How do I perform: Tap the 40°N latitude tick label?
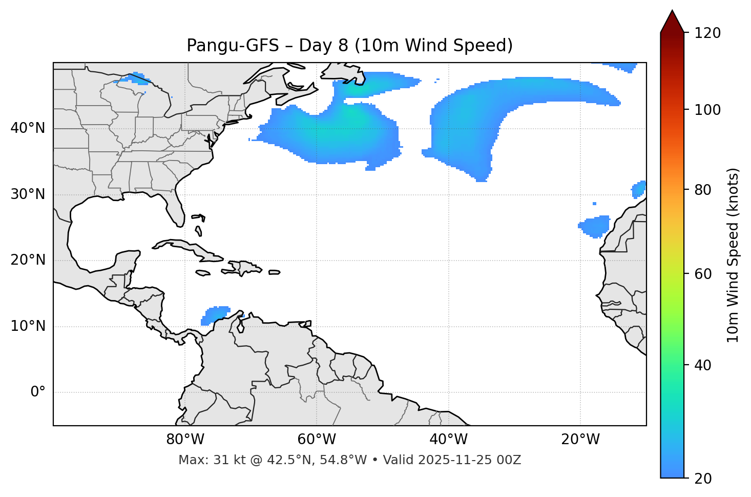point(28,128)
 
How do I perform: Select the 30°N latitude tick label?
point(28,194)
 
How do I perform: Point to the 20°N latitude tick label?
point(28,260)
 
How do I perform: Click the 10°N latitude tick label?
point(28,326)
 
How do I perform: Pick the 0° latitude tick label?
point(38,392)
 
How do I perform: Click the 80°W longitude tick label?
point(185,440)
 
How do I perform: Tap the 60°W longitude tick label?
point(317,440)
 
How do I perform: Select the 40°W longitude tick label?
point(448,440)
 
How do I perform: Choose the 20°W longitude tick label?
point(580,440)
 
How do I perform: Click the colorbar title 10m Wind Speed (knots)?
point(733,255)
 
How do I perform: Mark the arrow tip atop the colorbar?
point(672,11)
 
